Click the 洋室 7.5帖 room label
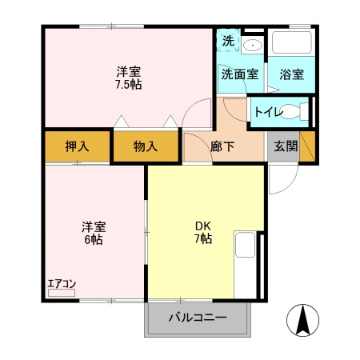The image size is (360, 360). coord(128,77)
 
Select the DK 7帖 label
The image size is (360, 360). coord(203,232)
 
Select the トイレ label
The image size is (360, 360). coord(267,111)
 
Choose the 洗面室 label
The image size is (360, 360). coord(239,74)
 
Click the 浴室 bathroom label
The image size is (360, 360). coord(291,74)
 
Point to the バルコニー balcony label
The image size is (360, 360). coord(197,318)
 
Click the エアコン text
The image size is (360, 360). coord(61,282)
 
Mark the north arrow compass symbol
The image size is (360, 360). coord(303,321)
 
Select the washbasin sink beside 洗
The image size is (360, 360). coord(253,45)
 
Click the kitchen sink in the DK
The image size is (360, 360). coord(245,243)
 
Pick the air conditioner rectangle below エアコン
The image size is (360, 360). coord(61,294)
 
